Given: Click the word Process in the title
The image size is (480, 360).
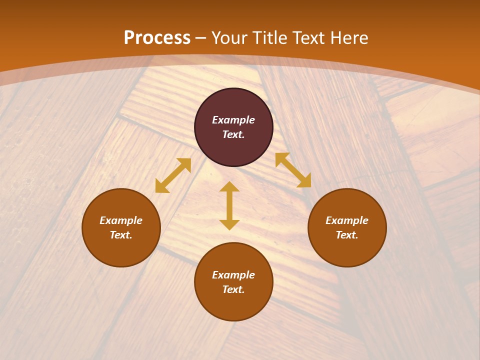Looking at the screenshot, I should (x=157, y=38).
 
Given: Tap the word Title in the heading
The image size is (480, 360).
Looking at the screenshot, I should (x=271, y=38).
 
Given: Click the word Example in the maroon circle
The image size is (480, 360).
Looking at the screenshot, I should (x=233, y=120).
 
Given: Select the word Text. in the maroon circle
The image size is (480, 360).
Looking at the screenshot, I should (x=233, y=134).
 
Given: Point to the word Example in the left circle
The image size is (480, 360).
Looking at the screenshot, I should (x=121, y=220).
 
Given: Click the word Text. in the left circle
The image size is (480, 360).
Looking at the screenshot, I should (x=121, y=235).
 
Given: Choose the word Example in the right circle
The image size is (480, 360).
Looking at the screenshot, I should (x=347, y=220).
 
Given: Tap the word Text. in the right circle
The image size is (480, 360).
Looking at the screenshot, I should (x=347, y=235).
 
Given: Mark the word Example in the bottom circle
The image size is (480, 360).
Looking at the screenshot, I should (x=233, y=275).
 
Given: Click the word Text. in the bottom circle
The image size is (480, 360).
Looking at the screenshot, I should (x=233, y=289).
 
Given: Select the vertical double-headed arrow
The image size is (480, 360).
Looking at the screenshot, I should (x=229, y=205).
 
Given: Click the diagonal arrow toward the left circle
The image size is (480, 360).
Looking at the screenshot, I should (x=173, y=175).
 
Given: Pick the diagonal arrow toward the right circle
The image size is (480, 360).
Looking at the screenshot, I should (x=293, y=170).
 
